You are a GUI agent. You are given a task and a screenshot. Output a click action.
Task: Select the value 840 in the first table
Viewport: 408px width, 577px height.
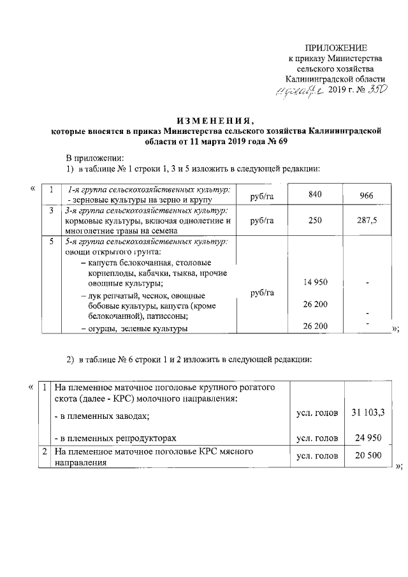click(315, 194)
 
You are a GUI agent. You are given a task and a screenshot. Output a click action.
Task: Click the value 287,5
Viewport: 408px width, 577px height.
click(366, 220)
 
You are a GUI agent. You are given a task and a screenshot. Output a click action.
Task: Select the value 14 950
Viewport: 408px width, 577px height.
click(316, 282)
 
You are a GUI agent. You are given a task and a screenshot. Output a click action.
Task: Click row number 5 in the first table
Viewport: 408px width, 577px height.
click(50, 242)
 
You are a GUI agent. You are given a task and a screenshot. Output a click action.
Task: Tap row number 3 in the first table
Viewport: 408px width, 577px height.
click(50, 210)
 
